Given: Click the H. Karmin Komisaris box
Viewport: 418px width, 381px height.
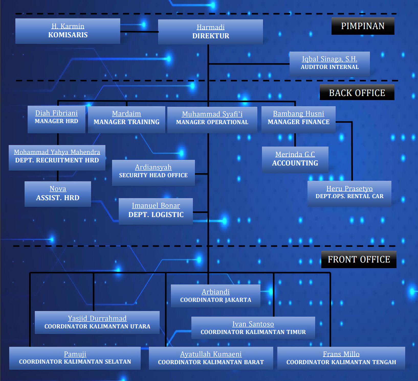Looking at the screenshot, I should pos(68,31).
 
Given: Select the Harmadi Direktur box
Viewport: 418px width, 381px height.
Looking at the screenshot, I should pos(210,32).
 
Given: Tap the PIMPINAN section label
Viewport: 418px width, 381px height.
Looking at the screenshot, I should pos(363,26).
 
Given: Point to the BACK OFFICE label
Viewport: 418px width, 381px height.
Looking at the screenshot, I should pos(357,93).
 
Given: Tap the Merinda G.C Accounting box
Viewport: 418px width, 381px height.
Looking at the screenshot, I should pos(295,159).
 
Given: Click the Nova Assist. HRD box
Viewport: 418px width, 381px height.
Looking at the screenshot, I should pos(58,194).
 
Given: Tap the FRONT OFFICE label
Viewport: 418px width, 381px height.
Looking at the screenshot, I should pos(359,259).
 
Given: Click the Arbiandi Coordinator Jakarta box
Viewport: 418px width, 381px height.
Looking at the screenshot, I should pos(215,296).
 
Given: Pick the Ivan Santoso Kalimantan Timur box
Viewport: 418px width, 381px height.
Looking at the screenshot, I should pos(253,328).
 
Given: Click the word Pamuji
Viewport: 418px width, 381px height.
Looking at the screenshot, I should pos(75,354).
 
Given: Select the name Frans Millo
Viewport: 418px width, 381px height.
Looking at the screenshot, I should pos(341,354).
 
